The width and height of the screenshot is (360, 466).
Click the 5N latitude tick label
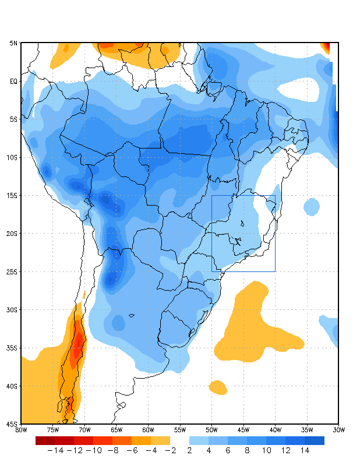tap(13, 43)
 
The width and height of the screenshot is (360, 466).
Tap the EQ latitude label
tap(13, 82)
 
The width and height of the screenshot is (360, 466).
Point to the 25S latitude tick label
tap(12, 272)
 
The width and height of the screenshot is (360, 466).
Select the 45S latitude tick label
tap(12, 424)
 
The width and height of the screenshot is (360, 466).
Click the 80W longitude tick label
tap(21, 430)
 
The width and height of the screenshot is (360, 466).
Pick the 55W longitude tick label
tap(179, 430)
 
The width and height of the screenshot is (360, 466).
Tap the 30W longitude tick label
tap(338, 430)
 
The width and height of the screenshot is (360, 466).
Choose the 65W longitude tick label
tap(116, 430)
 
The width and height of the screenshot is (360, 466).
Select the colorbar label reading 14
tap(305, 450)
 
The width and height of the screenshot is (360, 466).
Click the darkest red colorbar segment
tap(45, 440)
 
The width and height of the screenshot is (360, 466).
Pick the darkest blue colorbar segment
tap(315, 440)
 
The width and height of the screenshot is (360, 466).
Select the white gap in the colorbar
tap(180, 440)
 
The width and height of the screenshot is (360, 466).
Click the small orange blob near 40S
tap(218, 387)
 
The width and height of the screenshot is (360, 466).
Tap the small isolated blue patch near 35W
tap(312, 206)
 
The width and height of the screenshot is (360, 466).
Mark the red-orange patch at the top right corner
tap(326, 47)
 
